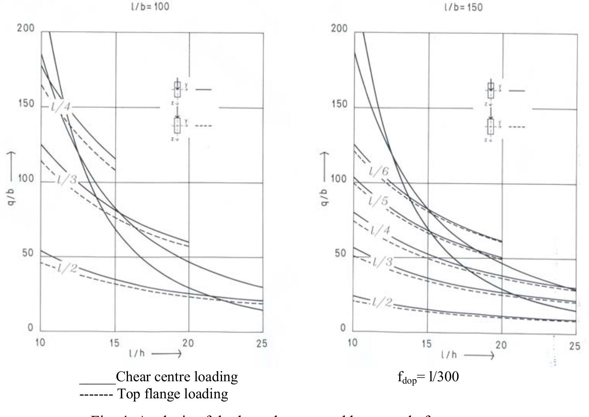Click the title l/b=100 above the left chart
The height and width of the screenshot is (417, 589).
coord(150,7)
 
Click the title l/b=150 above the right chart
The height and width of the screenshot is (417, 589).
coord(463,7)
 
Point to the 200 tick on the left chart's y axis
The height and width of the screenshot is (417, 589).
coord(26,28)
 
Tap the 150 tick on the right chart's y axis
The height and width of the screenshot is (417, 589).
coord(338,105)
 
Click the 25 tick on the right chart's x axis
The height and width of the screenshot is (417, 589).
coord(575,346)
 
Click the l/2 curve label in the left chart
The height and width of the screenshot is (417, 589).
coord(68,268)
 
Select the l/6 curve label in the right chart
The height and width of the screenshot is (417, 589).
coord(379,171)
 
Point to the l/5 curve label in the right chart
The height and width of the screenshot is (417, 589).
coord(378,201)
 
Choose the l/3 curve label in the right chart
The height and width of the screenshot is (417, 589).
coord(383,262)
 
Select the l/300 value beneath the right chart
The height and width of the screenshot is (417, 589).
coord(444,376)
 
